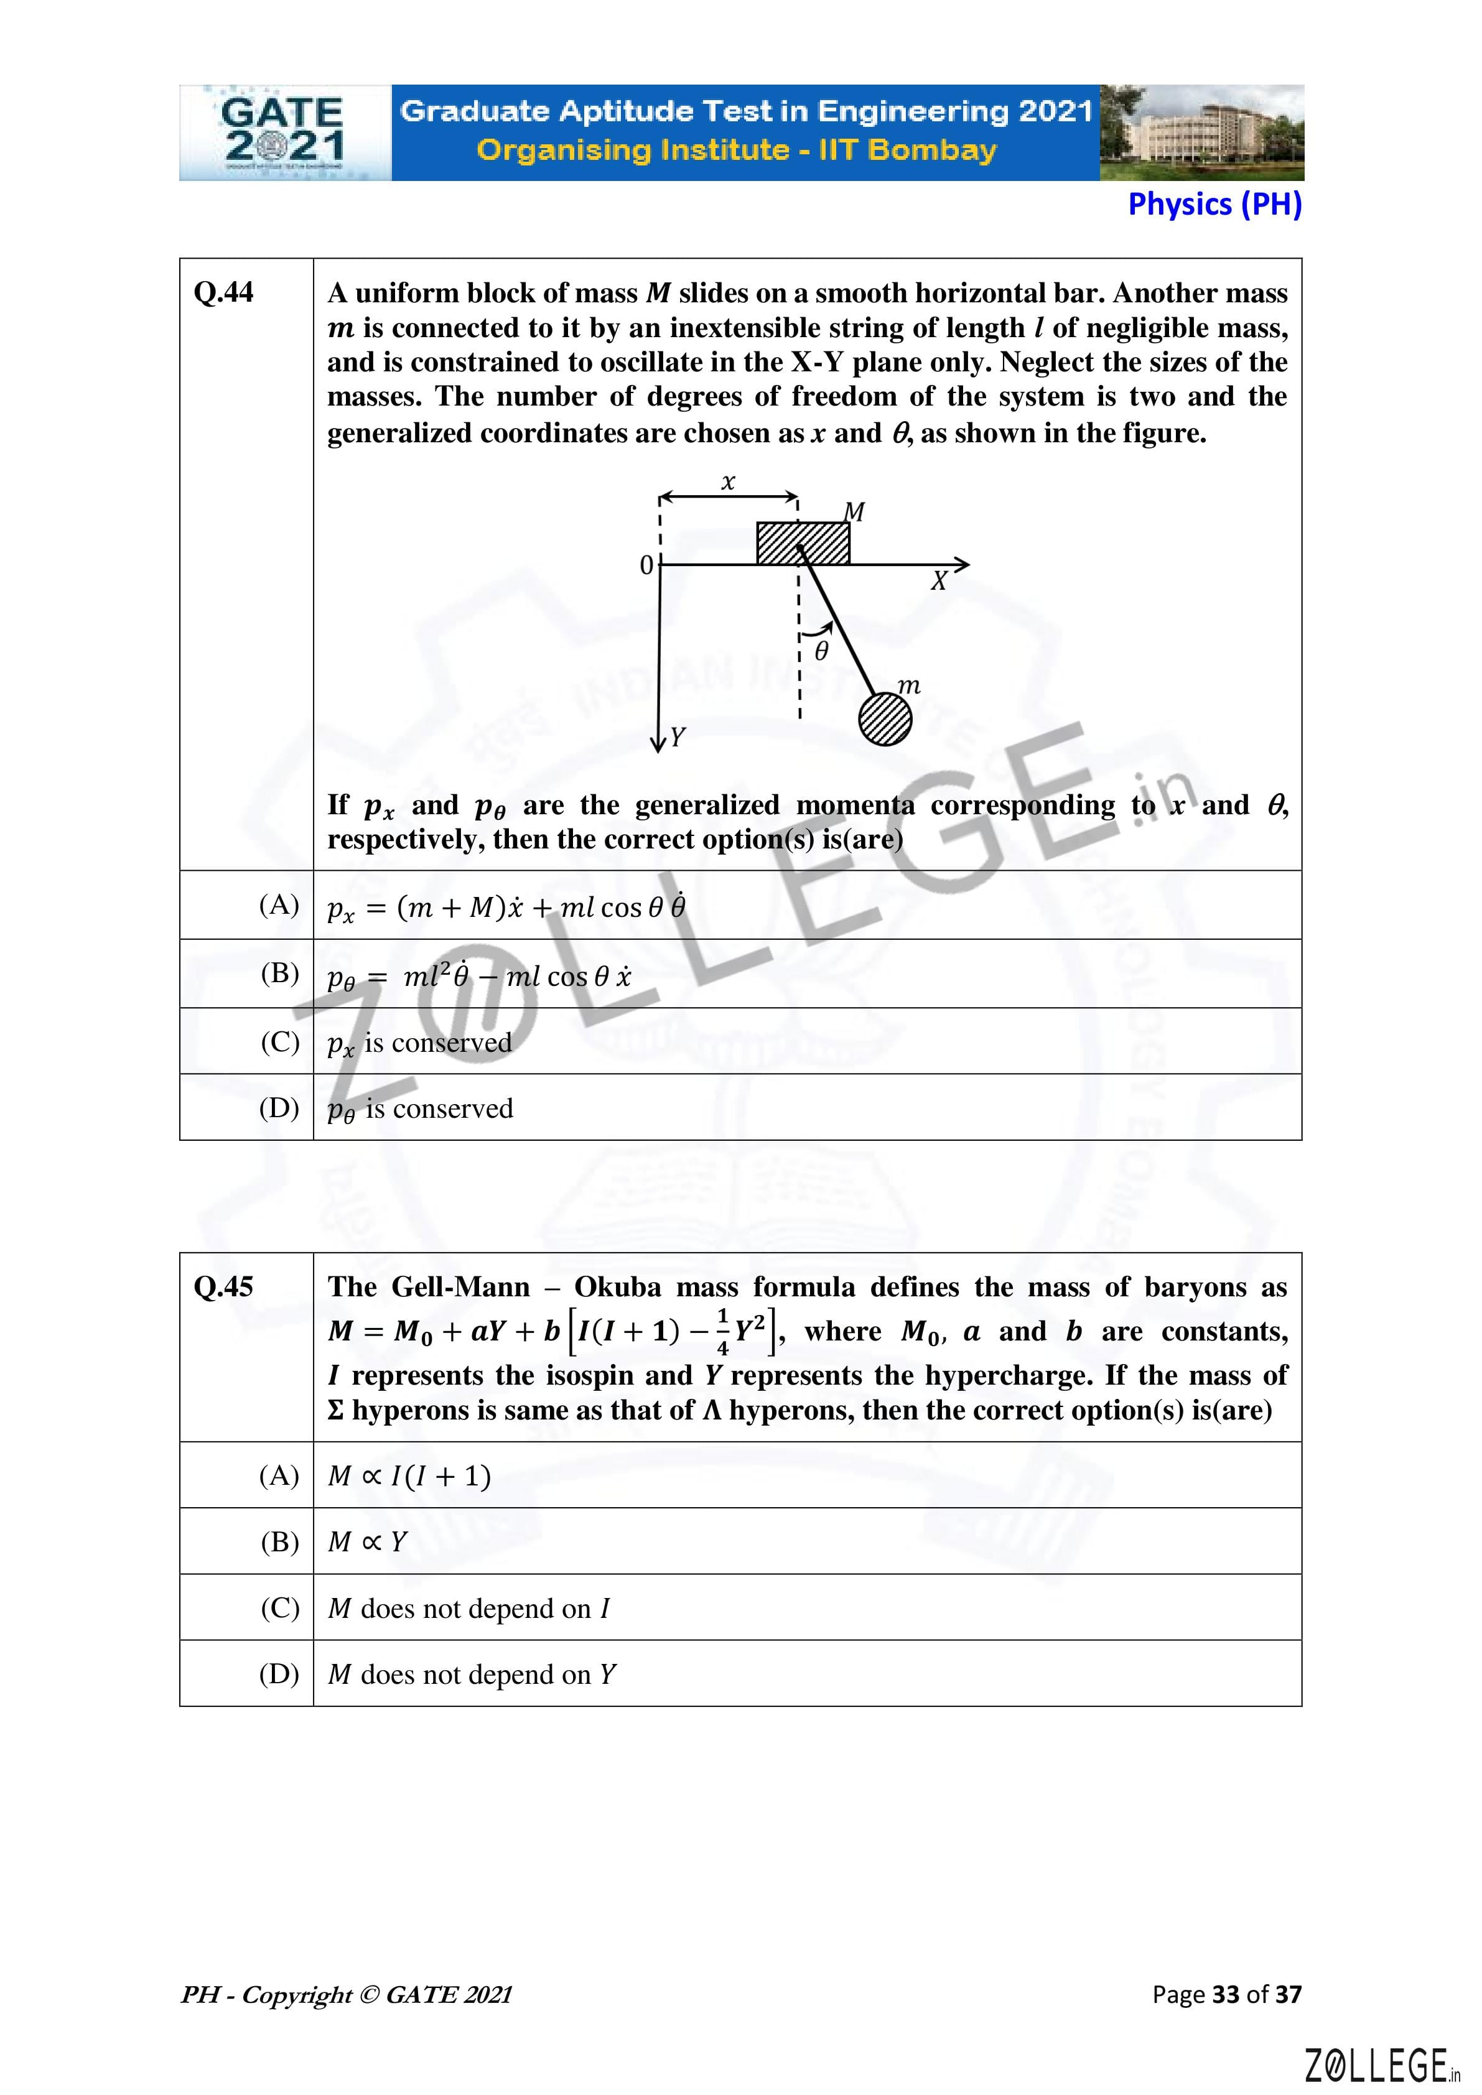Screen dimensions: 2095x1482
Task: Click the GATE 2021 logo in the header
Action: (x=284, y=133)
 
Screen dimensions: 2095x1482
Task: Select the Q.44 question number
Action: (x=223, y=293)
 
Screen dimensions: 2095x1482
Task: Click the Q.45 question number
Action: (x=223, y=1286)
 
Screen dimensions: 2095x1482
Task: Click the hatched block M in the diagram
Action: (x=803, y=543)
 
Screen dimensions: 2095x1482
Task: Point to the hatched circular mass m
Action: (x=884, y=719)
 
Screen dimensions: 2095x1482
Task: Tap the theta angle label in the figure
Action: (x=821, y=651)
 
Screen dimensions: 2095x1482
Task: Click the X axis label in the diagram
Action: (x=938, y=581)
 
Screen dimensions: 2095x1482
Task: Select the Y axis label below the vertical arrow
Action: (x=676, y=737)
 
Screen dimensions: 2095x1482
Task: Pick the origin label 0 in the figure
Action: (x=646, y=565)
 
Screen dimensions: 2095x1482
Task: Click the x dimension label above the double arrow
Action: (x=728, y=482)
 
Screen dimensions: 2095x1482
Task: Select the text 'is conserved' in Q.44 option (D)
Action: (x=439, y=1108)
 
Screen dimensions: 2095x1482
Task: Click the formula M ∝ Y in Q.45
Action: (x=367, y=1541)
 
